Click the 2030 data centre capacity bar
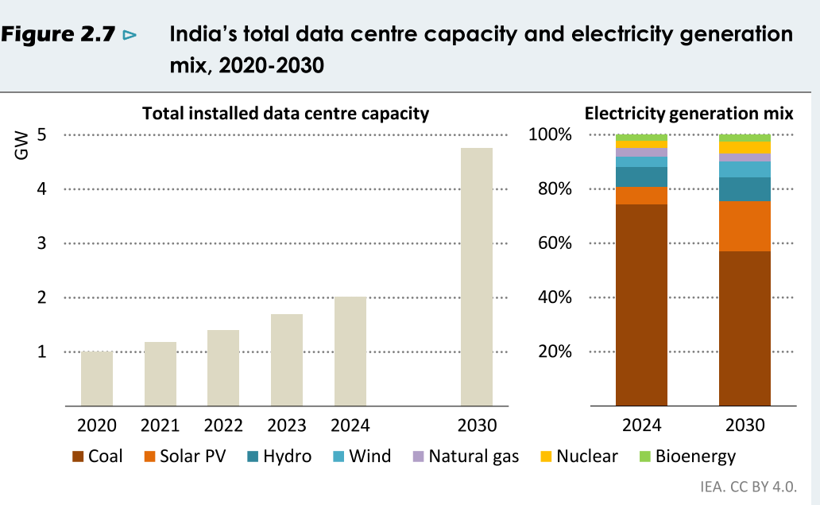click(x=477, y=277)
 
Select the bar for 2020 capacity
click(x=97, y=379)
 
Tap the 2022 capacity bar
click(x=223, y=367)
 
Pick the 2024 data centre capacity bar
click(x=350, y=351)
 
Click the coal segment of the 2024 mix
click(x=641, y=305)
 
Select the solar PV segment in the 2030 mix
click(x=745, y=226)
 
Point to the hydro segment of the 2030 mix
click(x=745, y=189)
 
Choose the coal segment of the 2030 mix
click(x=745, y=328)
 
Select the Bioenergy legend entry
click(x=687, y=456)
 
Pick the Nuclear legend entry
click(x=578, y=456)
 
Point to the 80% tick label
click(x=555, y=189)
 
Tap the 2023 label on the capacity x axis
click(x=287, y=425)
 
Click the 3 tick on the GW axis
click(x=41, y=243)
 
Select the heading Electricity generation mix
click(x=688, y=113)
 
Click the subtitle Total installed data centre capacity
click(x=285, y=113)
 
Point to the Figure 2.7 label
click(x=61, y=35)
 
